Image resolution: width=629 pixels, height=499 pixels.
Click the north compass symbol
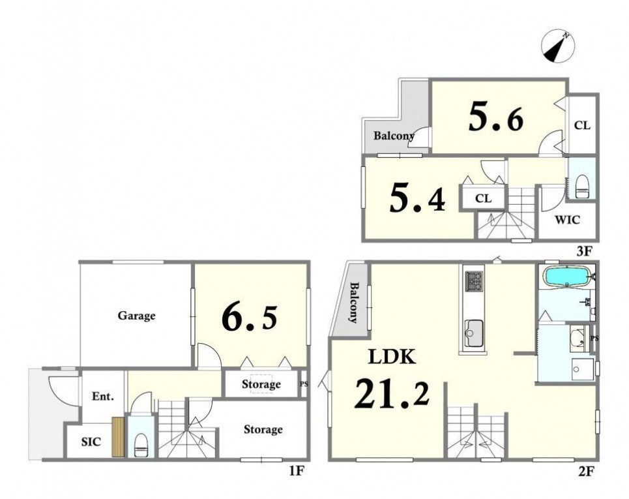(x=557, y=46)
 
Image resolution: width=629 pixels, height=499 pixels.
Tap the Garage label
(x=136, y=316)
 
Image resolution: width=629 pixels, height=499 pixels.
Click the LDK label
(x=392, y=357)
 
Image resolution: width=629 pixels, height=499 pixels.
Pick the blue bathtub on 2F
(x=568, y=277)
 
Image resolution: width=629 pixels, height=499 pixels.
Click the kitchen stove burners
(x=474, y=281)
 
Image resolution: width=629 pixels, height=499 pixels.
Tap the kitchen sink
(x=474, y=333)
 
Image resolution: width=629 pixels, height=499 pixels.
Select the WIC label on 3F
(x=567, y=220)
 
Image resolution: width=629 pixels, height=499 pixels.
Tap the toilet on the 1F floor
(x=141, y=446)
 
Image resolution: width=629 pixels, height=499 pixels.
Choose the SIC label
(x=91, y=442)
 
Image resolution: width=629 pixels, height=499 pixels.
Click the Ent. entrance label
(x=103, y=397)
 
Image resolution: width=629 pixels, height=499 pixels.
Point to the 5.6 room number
(x=496, y=118)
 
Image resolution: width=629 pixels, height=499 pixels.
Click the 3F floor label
(x=584, y=252)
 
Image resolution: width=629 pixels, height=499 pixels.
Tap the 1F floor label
(x=297, y=472)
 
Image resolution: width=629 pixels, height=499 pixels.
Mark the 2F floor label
(x=585, y=472)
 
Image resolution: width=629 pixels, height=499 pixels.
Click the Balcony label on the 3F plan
(x=394, y=136)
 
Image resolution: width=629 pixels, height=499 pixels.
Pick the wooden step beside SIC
(x=118, y=437)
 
